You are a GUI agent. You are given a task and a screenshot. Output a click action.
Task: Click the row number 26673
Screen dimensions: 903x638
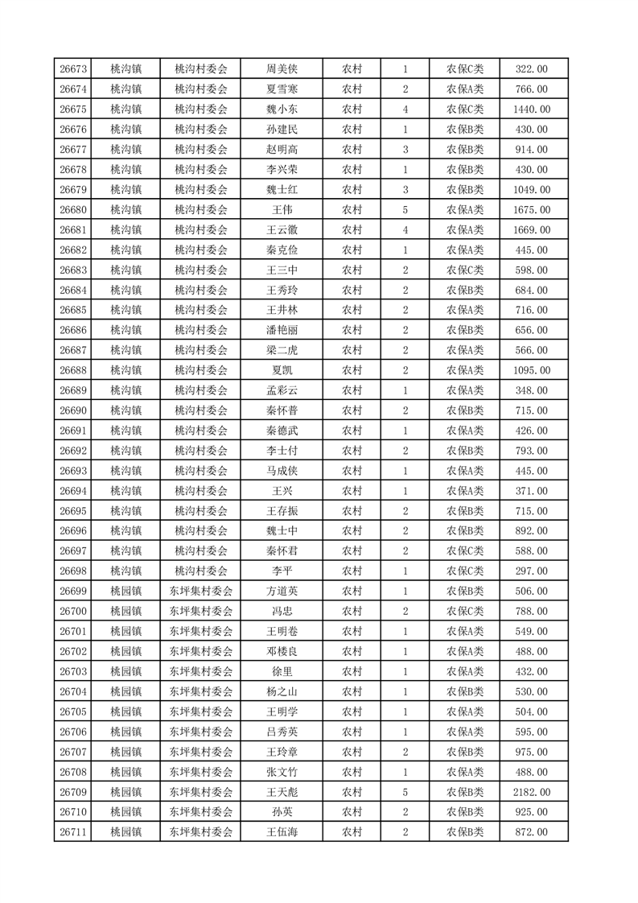[x=73, y=69]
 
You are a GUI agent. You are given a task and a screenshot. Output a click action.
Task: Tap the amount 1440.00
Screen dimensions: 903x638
[x=532, y=109]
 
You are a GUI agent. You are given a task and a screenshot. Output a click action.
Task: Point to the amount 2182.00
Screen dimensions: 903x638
[x=532, y=792]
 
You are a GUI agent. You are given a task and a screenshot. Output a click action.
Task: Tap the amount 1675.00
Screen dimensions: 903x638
[x=532, y=210]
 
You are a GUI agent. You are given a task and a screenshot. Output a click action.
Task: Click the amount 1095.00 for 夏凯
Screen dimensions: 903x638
[x=532, y=370]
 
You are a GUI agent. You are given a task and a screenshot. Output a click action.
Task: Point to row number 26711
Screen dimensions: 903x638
[x=73, y=832]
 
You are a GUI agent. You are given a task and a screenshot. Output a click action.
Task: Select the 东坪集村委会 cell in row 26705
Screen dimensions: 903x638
[x=201, y=711]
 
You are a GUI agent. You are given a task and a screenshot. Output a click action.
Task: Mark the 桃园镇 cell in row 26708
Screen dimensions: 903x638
[x=126, y=772]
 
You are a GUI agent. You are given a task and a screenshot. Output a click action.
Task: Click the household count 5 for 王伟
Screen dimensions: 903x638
[x=405, y=210]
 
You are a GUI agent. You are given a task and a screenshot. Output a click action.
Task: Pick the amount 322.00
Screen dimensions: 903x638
[x=532, y=69]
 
